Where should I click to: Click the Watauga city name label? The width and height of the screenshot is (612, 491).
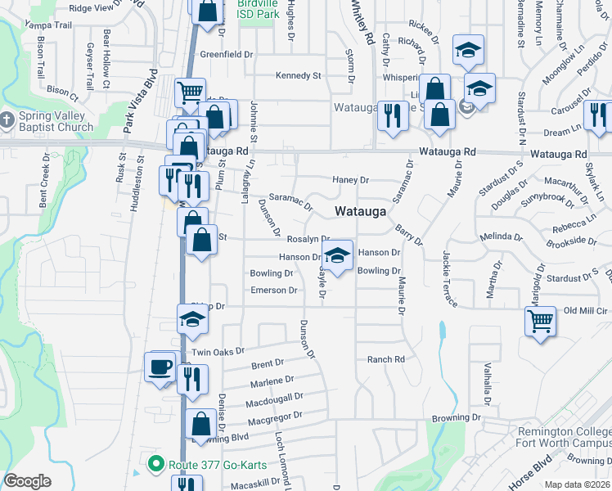(x=360, y=211)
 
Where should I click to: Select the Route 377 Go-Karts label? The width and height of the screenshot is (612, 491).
(x=214, y=466)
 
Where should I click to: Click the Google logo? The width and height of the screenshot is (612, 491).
(x=28, y=481)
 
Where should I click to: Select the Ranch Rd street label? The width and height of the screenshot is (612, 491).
(x=386, y=359)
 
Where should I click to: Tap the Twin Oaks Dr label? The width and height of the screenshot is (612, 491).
(x=217, y=350)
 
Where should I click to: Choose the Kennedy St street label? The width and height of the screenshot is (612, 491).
(x=298, y=75)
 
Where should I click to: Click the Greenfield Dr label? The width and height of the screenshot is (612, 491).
(x=226, y=54)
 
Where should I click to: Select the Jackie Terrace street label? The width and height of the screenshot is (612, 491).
(x=449, y=279)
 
